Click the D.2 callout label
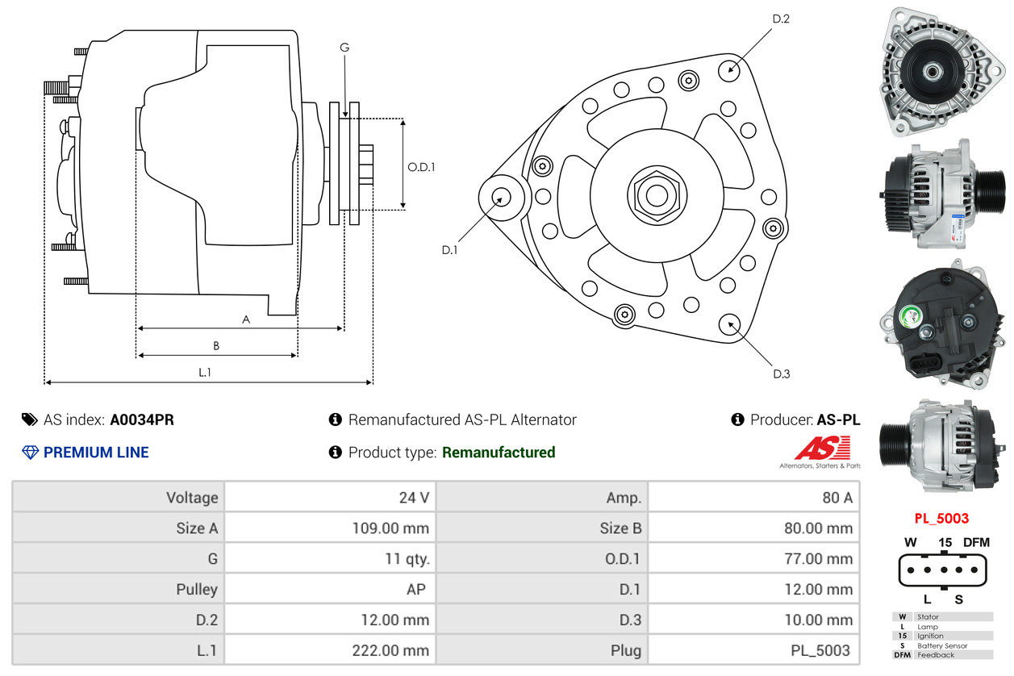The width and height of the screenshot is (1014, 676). [780, 19]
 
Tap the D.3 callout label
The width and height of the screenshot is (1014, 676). [781, 373]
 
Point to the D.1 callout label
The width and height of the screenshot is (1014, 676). [449, 250]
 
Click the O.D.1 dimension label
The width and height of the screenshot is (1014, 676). [421, 168]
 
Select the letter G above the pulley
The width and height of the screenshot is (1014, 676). [344, 48]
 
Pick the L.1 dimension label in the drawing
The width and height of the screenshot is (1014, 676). [205, 372]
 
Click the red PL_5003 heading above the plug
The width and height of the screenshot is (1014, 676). [941, 519]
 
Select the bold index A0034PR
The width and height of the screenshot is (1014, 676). [142, 419]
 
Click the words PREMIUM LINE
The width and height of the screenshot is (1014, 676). [96, 453]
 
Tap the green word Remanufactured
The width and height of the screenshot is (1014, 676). [499, 453]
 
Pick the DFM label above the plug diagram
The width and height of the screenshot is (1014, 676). [976, 543]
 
